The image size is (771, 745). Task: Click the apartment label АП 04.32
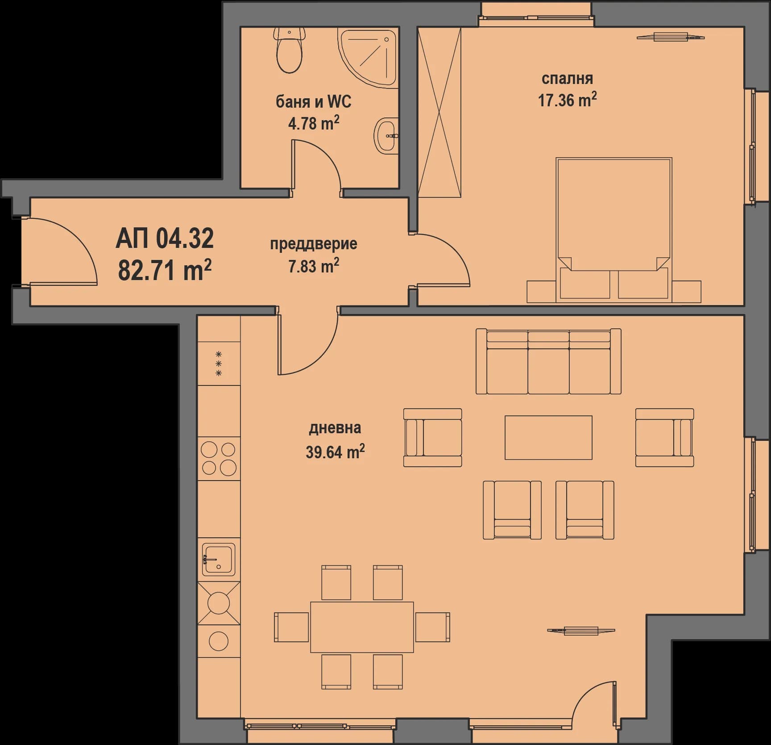[x=165, y=239]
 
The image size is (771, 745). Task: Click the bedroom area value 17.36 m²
[x=567, y=100]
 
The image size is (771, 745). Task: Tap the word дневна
[x=335, y=428]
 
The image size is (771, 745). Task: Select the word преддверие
[x=313, y=244]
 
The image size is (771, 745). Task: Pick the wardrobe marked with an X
[x=439, y=112]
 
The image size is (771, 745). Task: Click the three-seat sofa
[x=548, y=362]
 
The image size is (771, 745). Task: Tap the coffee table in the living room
[x=548, y=438]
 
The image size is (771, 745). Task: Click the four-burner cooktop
[x=219, y=458]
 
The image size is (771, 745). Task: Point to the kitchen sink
[x=219, y=559]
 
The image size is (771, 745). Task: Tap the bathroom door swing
[x=318, y=165]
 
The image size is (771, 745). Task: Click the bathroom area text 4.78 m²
[x=313, y=123]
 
